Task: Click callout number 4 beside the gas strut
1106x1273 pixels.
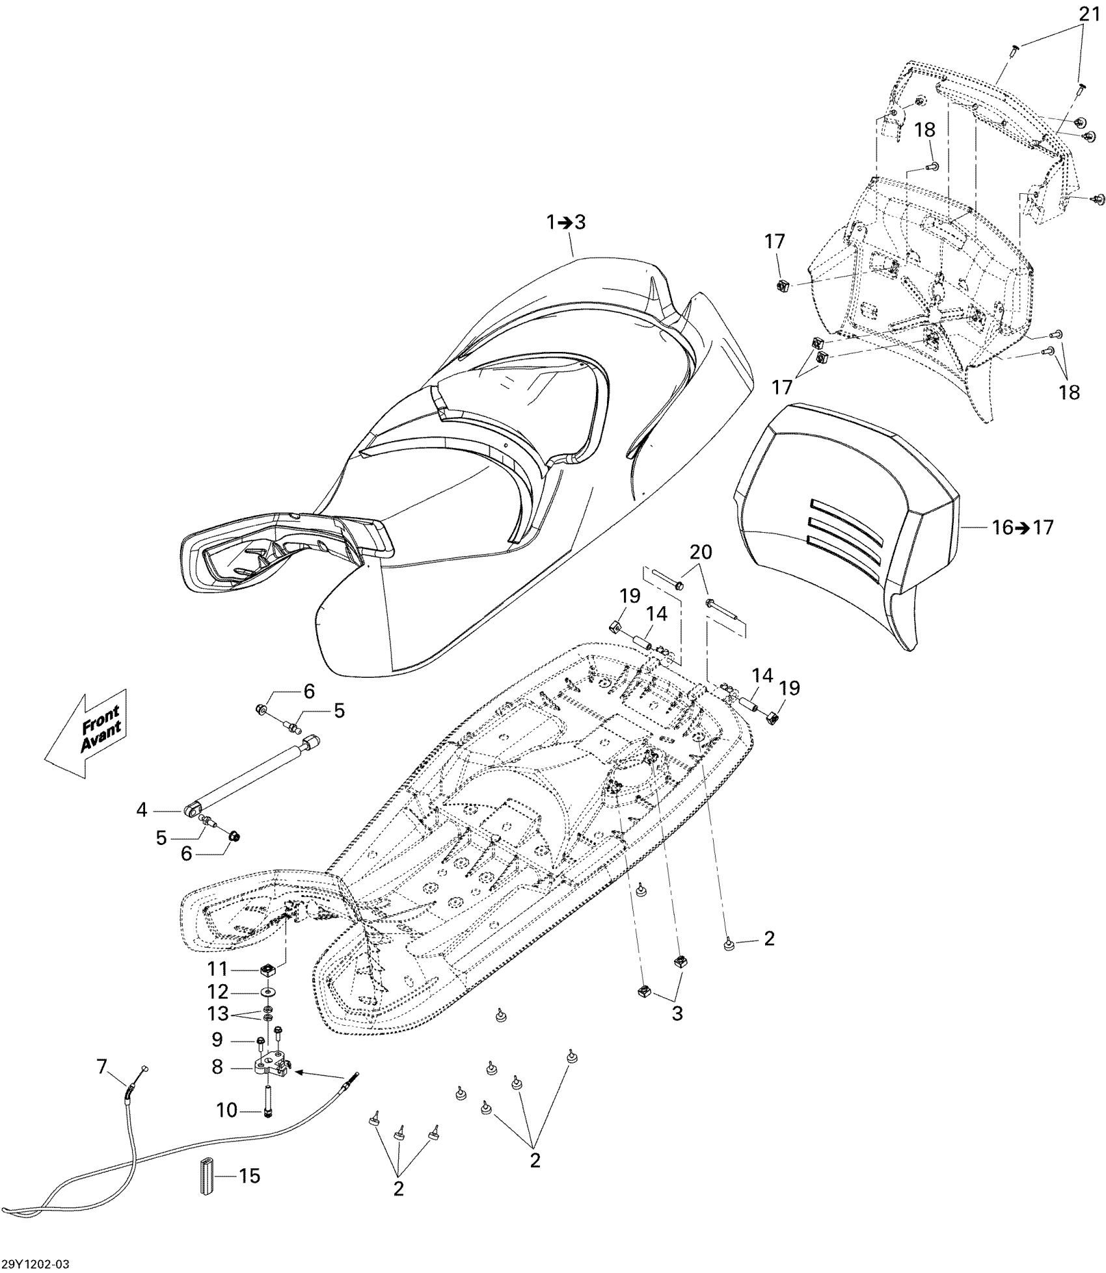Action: coord(142,810)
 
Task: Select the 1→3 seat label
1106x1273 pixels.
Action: coord(565,222)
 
